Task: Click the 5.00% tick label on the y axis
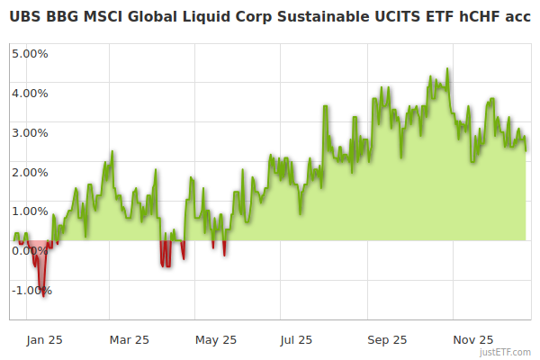click(30, 53)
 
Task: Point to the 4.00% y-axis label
click(30, 93)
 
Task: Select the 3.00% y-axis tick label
click(30, 132)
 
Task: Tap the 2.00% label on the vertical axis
click(30, 172)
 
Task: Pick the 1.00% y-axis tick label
click(30, 211)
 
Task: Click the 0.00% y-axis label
click(30, 250)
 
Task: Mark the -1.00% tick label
click(31, 291)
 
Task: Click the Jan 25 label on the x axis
click(43, 339)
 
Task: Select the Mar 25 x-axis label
click(129, 339)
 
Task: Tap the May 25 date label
click(216, 339)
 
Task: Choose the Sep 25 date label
click(387, 339)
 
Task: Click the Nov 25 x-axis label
click(472, 339)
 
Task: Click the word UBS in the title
click(25, 15)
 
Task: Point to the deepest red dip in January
click(43, 296)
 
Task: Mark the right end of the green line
click(526, 150)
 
